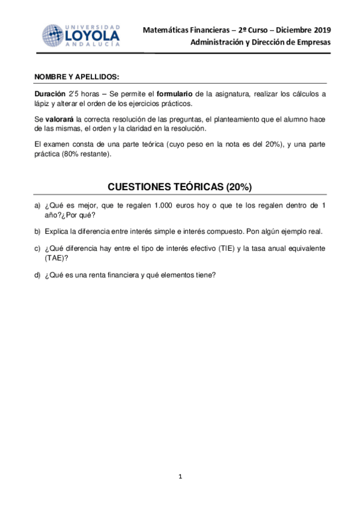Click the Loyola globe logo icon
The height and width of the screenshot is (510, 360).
click(x=52, y=35)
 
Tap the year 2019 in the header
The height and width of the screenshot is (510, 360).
click(x=320, y=29)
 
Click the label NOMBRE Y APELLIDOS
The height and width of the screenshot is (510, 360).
click(x=77, y=77)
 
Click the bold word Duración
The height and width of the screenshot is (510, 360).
click(x=50, y=94)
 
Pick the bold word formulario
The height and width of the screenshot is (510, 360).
click(x=175, y=94)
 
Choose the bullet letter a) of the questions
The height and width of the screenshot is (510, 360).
click(x=37, y=206)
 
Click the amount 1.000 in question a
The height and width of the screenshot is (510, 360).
click(x=164, y=206)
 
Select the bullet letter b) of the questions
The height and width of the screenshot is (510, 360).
click(x=37, y=232)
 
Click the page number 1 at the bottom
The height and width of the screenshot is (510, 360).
click(x=180, y=477)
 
